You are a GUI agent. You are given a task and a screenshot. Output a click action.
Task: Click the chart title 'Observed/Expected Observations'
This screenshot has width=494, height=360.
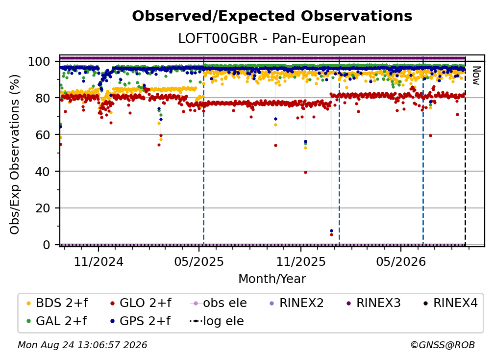coord(272,16)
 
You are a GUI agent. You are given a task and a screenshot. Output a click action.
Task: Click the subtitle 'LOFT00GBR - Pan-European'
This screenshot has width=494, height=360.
coord(272,38)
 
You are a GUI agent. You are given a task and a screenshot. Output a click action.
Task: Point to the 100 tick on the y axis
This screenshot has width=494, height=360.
coord(43,61)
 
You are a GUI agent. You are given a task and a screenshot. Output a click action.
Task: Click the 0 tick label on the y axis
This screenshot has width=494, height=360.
coord(47,245)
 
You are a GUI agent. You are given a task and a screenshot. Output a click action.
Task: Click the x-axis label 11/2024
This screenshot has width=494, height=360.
coord(99,261)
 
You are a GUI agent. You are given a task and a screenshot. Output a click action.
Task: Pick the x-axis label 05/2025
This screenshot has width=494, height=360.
coord(199,261)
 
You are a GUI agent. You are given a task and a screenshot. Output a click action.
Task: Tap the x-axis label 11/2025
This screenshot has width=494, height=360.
coord(301,261)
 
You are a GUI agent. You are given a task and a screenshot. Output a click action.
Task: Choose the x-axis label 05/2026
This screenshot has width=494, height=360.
coord(401,261)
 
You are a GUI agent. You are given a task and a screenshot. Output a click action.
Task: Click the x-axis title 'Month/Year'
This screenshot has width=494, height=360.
coord(272,279)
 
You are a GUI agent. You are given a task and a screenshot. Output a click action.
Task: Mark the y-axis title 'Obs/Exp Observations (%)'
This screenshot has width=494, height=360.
coord(15,154)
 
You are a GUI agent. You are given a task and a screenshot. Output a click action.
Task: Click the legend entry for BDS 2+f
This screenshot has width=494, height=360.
coord(57,303)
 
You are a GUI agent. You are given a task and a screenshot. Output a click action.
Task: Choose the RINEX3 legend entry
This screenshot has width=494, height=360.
coord(373,303)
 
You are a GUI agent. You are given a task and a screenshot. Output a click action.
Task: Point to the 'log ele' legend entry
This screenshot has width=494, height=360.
coord(217,321)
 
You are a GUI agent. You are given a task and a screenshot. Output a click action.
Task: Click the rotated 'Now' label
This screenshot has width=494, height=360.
coord(476,76)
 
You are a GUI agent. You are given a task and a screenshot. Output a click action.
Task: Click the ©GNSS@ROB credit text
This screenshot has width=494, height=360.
coord(443,345)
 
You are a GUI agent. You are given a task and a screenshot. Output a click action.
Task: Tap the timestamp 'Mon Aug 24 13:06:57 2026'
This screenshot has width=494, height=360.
coord(82,345)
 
